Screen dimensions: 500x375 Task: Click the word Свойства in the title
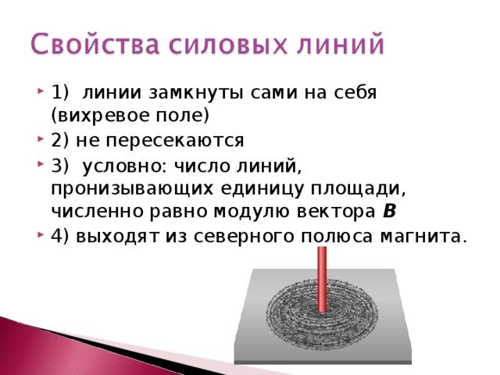(x=95, y=44)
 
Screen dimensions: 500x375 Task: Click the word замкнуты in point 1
(x=196, y=94)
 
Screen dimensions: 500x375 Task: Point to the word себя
(x=355, y=92)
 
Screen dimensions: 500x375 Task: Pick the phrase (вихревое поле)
(x=130, y=116)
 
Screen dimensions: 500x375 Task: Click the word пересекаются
(x=175, y=141)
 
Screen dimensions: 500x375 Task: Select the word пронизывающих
(x=132, y=189)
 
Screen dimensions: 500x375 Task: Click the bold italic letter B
(x=389, y=212)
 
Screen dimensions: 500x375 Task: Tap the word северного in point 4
(x=244, y=237)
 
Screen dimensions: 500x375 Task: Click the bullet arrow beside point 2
(x=40, y=139)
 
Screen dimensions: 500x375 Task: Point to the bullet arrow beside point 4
(x=40, y=235)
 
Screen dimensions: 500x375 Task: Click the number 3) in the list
(x=59, y=166)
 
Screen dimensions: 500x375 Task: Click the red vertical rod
(x=322, y=280)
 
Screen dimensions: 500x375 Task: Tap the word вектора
(x=336, y=212)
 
